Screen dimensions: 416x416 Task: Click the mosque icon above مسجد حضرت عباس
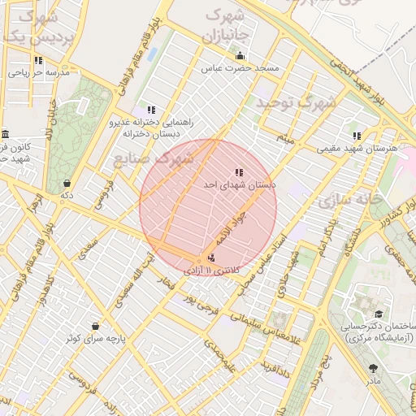(240, 56)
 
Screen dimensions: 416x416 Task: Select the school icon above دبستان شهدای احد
(238, 172)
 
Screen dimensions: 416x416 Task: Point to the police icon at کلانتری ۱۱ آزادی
(212, 258)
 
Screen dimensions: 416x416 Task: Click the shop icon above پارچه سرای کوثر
(96, 327)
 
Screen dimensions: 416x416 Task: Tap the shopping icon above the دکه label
(67, 184)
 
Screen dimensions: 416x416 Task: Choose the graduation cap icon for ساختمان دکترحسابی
(378, 314)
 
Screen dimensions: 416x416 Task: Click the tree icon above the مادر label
(373, 367)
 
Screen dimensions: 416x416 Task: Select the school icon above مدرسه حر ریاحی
(38, 60)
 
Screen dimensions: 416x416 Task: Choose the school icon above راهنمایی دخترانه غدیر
(151, 110)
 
